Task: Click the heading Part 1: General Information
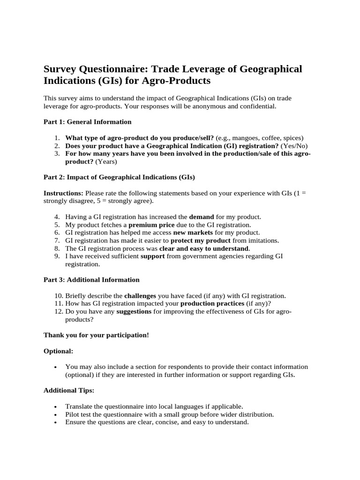(87, 122)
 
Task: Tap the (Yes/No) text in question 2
(294, 146)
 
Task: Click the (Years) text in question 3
(106, 162)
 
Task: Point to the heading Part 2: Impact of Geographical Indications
(119, 177)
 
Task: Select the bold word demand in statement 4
(201, 217)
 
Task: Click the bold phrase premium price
(148, 225)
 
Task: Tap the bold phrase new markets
(193, 232)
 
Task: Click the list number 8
(57, 248)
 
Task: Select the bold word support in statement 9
(152, 256)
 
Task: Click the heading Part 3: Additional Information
(91, 280)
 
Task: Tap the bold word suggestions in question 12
(134, 312)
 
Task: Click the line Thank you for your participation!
(96, 335)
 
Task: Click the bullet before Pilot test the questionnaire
(56, 415)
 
